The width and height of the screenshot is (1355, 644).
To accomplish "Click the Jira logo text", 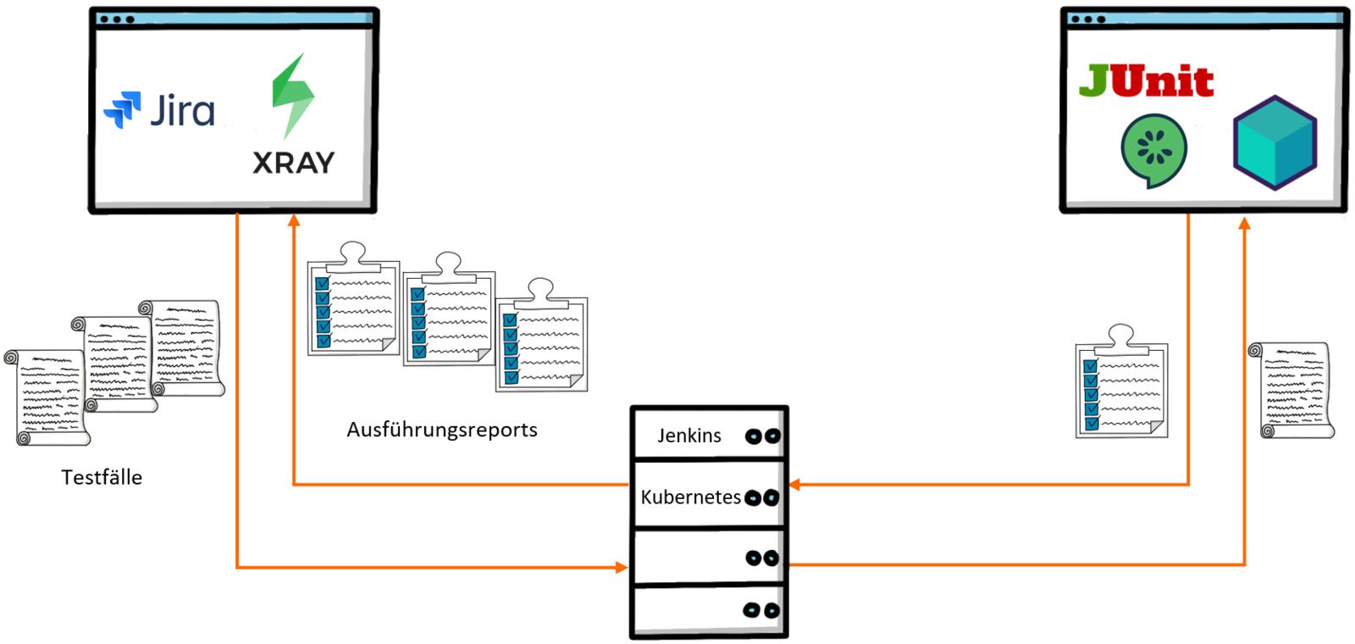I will point(182,111).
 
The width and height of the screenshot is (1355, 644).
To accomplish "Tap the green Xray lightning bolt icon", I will point(292,96).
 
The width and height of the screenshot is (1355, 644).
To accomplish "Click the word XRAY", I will point(294,163).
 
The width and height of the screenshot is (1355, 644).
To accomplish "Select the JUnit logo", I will point(1146,81).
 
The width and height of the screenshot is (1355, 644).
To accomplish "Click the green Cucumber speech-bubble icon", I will point(1153,150).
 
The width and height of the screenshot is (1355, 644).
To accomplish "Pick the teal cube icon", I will point(1275,142).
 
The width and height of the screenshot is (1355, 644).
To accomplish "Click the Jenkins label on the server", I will point(689,436).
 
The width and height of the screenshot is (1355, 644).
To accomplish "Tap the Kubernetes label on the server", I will point(690,497).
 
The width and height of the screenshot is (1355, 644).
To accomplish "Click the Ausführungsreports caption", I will point(442,430).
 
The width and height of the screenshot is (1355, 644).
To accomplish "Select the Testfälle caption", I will point(102,478).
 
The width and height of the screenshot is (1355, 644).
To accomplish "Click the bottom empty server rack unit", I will point(709,609).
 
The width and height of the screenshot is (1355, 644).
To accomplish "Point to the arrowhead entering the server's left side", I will point(622,567).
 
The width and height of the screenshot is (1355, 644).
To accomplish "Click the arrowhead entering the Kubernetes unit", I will point(794,485).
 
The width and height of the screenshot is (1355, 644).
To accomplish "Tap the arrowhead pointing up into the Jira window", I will point(294,220).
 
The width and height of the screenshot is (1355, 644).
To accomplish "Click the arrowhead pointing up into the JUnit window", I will point(1244,223).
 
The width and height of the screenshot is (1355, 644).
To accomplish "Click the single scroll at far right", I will point(1291,390).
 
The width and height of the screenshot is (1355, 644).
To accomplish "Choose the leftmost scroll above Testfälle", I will point(47,397).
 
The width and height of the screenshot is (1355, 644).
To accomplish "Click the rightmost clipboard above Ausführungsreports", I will point(542,340).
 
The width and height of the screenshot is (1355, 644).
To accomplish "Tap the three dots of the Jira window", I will point(117,19).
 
